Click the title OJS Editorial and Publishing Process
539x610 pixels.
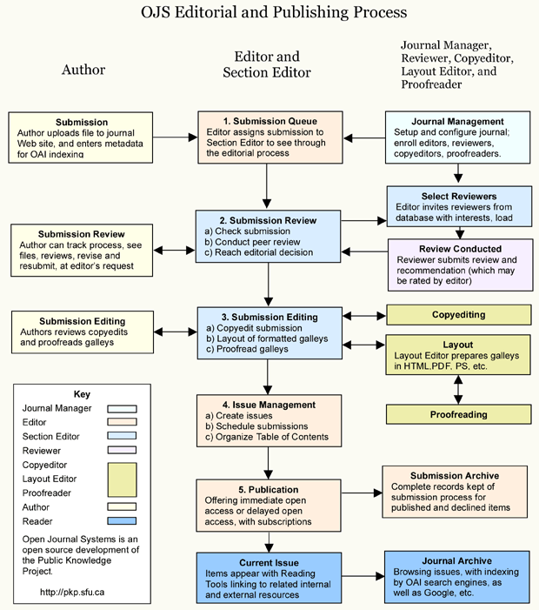point(274,13)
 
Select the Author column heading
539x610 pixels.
point(83,70)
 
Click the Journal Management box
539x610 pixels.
point(457,137)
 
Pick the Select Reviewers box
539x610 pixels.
point(458,209)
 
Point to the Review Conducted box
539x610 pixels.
point(458,265)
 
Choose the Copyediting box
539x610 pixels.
point(458,314)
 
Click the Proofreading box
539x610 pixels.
point(458,415)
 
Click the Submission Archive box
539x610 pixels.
point(455,493)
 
